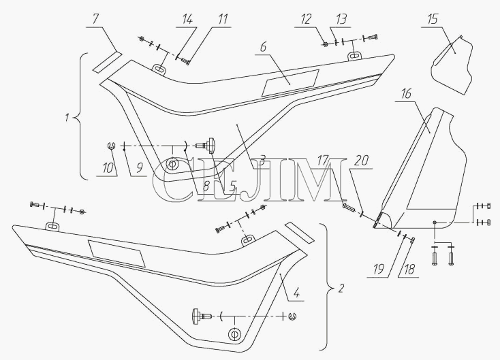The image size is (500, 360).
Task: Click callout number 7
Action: click(x=95, y=20)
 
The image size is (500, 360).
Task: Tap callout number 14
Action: click(x=187, y=20)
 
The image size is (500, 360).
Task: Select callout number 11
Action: click(x=223, y=20)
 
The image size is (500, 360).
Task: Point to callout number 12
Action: click(x=306, y=20)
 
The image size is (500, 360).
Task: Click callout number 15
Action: click(x=433, y=20)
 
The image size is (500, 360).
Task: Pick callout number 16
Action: click(x=406, y=94)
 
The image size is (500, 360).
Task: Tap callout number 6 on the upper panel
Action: click(x=263, y=47)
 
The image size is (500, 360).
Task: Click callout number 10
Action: click(x=108, y=168)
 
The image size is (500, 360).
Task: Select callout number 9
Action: click(x=139, y=168)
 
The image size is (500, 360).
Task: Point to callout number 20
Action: click(x=361, y=160)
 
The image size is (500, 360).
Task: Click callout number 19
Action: click(x=379, y=269)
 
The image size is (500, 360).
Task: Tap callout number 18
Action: click(x=409, y=269)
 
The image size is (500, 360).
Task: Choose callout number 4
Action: click(x=296, y=293)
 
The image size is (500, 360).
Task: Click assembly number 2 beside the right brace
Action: click(x=341, y=289)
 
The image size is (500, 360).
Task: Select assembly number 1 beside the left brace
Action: click(x=67, y=118)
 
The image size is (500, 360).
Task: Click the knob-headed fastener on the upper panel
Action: click(x=208, y=144)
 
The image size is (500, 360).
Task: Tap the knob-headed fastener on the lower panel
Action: click(x=202, y=316)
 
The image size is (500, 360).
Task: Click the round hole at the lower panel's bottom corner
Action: click(x=234, y=334)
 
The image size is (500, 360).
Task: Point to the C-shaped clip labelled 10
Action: click(x=111, y=146)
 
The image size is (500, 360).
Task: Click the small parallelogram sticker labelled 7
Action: click(x=108, y=62)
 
